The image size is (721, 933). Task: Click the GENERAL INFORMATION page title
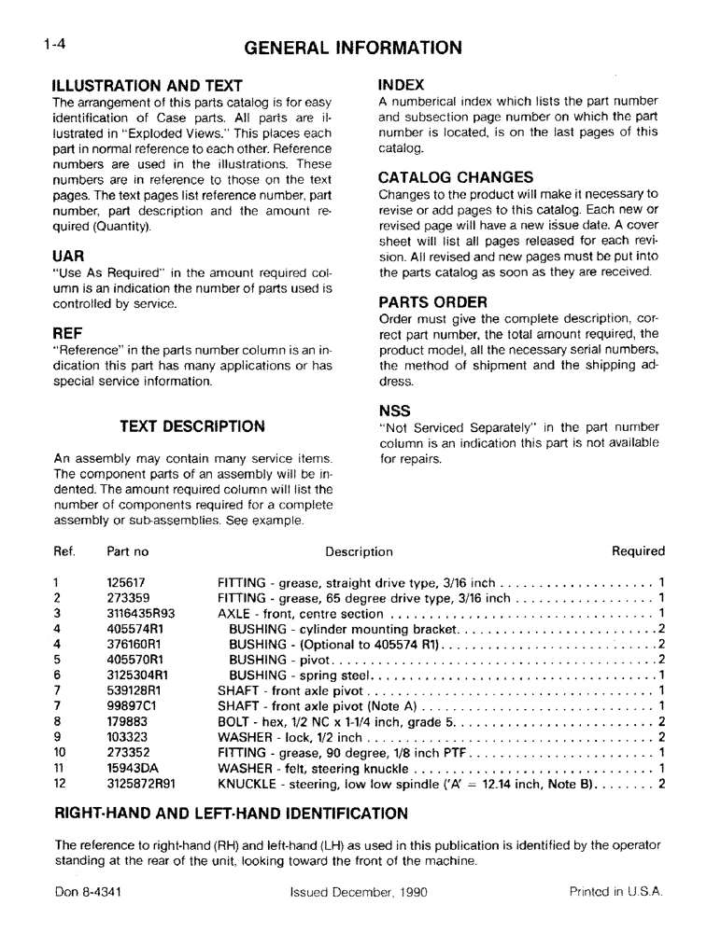(x=353, y=48)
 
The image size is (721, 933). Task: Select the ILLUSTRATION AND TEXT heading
(x=148, y=86)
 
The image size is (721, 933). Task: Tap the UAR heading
(x=68, y=256)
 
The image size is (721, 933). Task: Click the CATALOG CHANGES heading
(x=456, y=177)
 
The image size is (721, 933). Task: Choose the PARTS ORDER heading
(x=432, y=302)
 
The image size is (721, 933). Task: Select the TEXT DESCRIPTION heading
(x=192, y=426)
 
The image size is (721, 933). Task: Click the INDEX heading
(x=402, y=85)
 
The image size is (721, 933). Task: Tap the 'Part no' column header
(x=128, y=551)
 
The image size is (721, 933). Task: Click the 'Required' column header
(x=638, y=551)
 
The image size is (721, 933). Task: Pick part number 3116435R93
(x=141, y=613)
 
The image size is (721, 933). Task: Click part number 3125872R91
(x=141, y=784)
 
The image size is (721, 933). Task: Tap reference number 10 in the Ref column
(x=60, y=753)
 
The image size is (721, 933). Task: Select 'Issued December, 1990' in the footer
(x=359, y=892)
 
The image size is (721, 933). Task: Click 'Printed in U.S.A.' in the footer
(x=616, y=892)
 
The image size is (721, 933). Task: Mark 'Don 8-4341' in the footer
(x=88, y=892)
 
